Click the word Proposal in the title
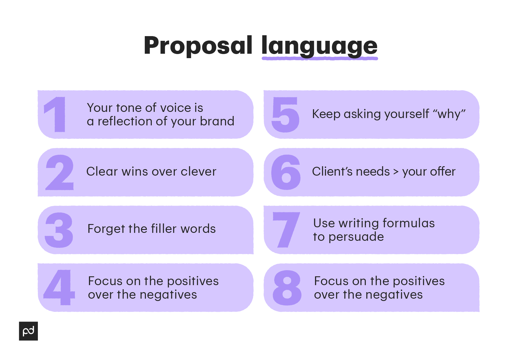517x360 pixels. tap(198, 46)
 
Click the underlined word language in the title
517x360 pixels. tap(319, 46)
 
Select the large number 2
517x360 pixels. tap(60, 172)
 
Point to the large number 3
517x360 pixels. tap(59, 230)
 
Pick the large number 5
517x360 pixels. tap(285, 115)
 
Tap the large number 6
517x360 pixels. tap(286, 172)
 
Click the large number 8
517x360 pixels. tap(287, 287)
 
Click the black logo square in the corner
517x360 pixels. tap(28, 331)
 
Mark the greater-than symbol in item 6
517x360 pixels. tap(396, 172)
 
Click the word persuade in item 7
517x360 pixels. tap(356, 237)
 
